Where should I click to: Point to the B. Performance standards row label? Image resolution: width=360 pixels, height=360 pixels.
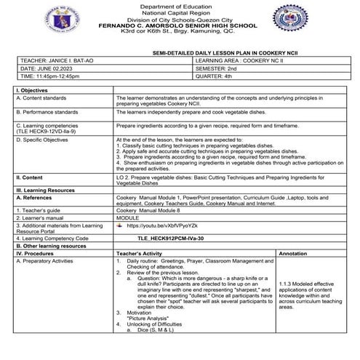point(47,113)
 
